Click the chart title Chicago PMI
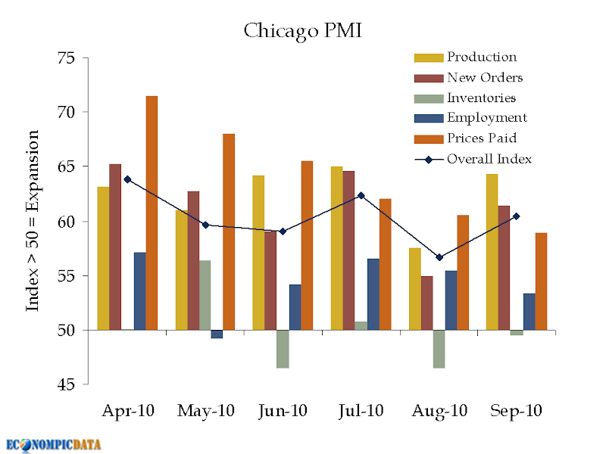coord(302,31)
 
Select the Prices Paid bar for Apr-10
coord(151,213)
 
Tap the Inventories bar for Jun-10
coord(283,349)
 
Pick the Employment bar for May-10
coord(217,334)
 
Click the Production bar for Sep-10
coord(492,252)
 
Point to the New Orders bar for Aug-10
coord(426,303)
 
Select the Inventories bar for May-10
coord(205,295)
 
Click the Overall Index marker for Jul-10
coord(361,195)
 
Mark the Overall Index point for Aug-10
coord(439,257)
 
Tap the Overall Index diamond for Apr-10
coord(127,179)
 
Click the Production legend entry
coord(465,58)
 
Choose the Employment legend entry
coord(470,118)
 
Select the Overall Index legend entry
coord(473,159)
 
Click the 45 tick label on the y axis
coord(66,384)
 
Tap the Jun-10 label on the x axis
coord(283,411)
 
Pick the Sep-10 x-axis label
coord(517,411)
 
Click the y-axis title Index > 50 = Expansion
coord(33,220)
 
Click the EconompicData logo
coord(53,445)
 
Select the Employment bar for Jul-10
coord(373,294)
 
